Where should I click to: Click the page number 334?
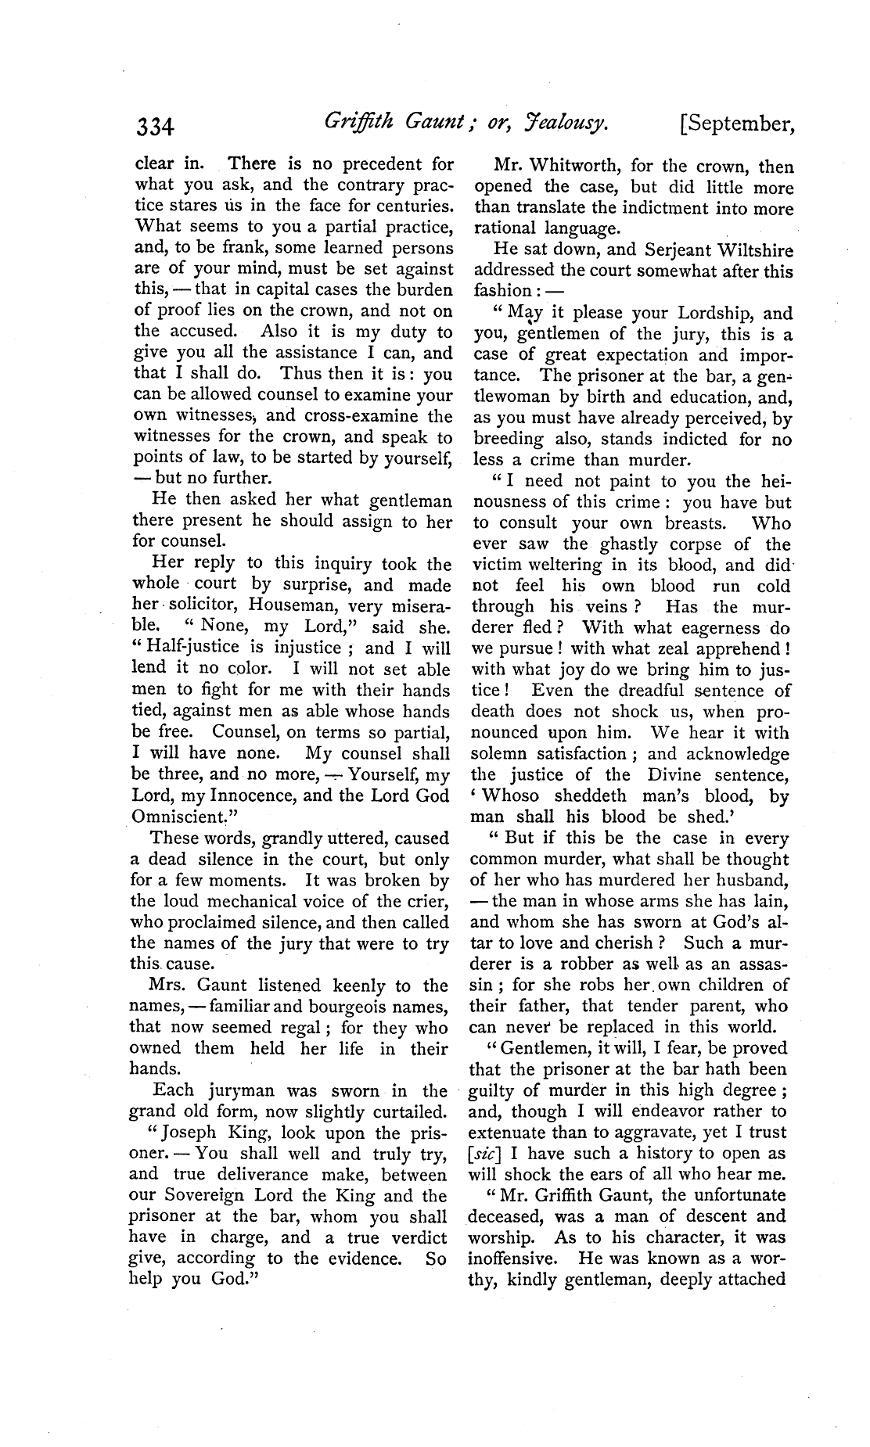(156, 126)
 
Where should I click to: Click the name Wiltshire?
(749, 251)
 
